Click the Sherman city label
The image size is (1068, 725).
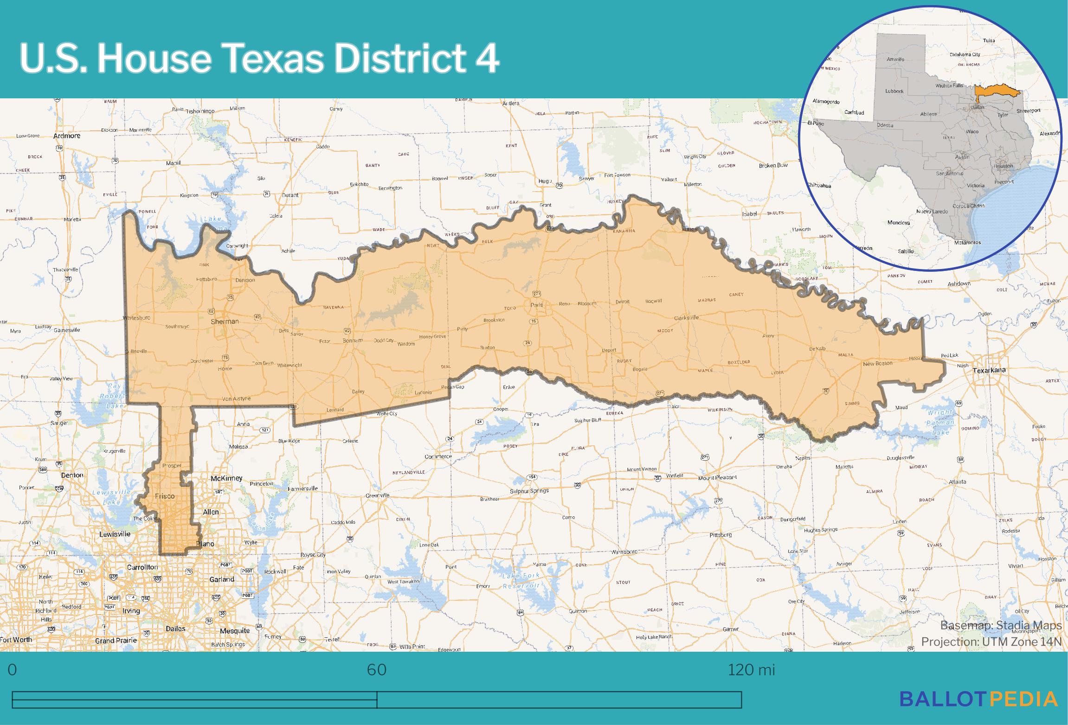click(225, 321)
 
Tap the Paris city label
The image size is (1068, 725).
click(537, 305)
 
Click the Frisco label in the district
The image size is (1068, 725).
click(165, 496)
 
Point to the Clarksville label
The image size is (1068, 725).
click(686, 318)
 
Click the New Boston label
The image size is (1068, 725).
click(877, 363)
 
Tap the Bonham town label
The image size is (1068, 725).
click(352, 340)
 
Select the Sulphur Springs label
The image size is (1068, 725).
click(529, 490)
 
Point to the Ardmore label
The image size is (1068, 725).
click(67, 136)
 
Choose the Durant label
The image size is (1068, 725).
click(290, 195)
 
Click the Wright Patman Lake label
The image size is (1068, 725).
click(940, 422)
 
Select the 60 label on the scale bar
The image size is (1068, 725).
click(376, 670)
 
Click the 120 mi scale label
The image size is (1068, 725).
click(751, 670)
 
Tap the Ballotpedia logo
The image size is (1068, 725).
click(978, 699)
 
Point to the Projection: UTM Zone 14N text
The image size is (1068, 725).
click(991, 642)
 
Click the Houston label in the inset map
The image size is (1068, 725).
click(1003, 166)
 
